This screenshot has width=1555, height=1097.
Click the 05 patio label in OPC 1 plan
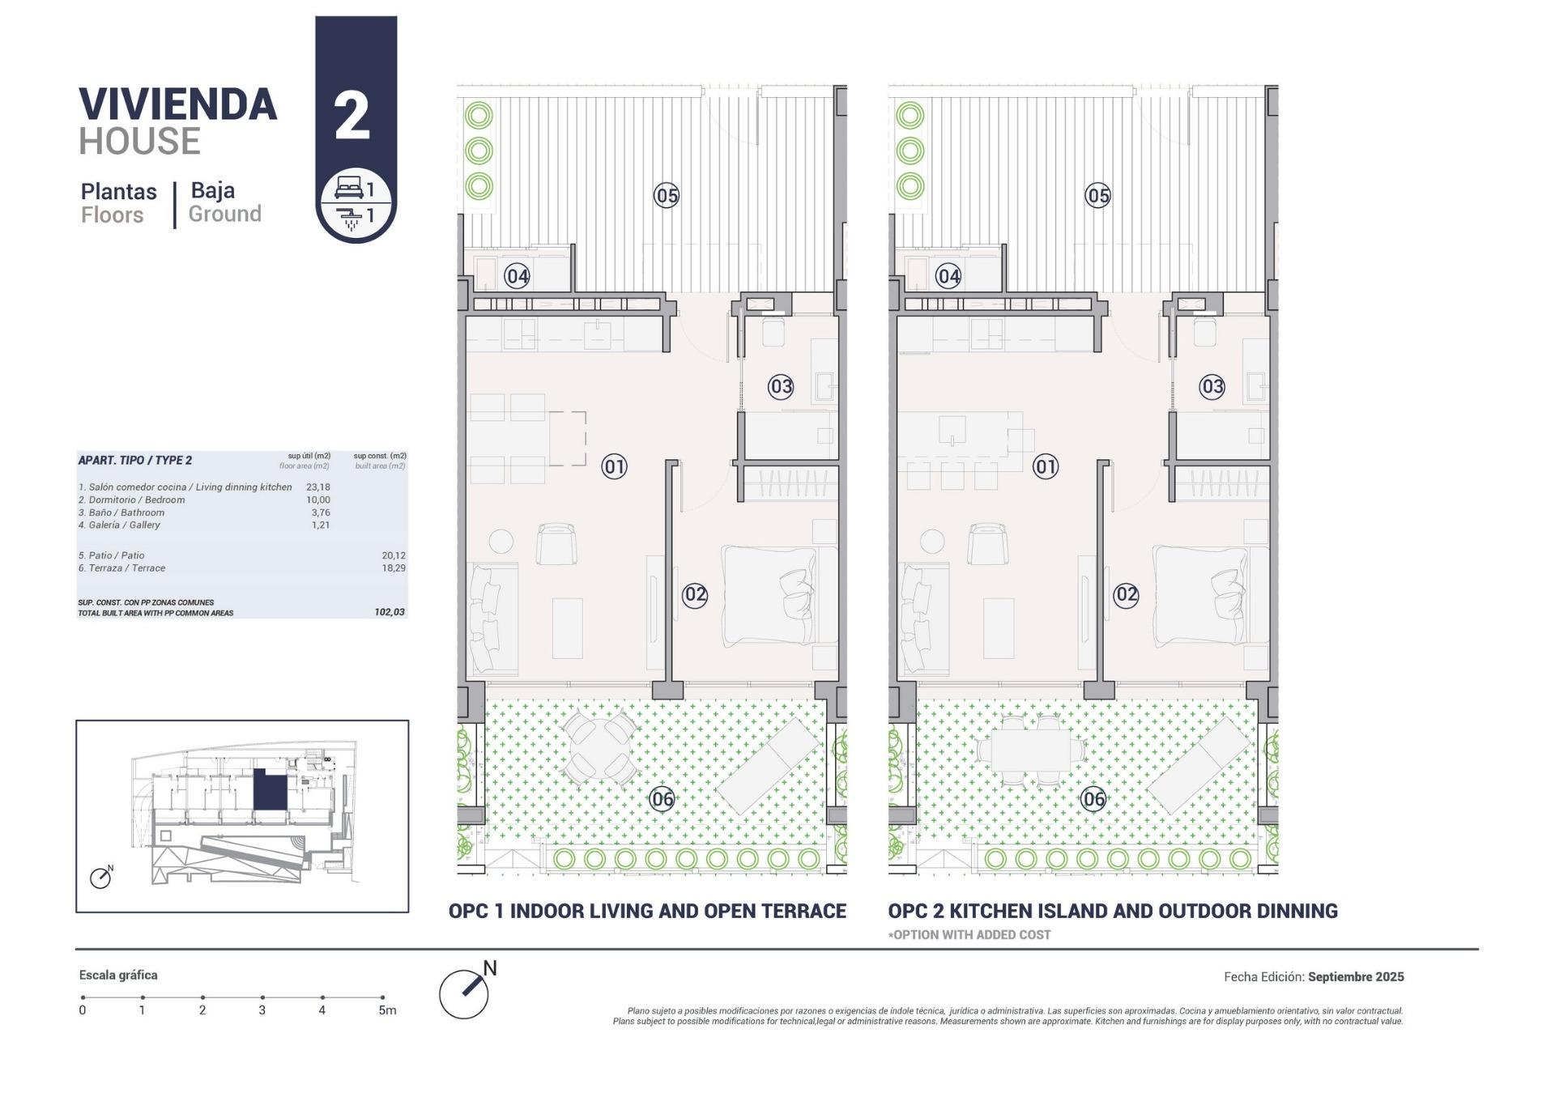667,195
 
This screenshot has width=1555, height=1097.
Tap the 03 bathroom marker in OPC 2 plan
1212,386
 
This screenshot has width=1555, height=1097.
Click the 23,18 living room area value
317,487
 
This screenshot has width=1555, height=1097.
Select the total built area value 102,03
390,612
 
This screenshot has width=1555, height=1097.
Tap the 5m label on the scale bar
387,1010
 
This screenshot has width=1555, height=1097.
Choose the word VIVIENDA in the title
178,105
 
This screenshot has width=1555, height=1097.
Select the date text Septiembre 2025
1356,977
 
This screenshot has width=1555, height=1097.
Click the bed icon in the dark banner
348,189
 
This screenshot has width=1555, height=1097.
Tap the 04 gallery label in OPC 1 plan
517,276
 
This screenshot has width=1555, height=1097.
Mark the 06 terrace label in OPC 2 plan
1093,799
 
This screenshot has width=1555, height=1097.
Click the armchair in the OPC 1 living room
556,543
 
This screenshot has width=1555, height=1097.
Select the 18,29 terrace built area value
394,568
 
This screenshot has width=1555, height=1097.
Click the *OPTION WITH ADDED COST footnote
969,935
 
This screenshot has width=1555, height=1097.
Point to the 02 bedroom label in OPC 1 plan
695,595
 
